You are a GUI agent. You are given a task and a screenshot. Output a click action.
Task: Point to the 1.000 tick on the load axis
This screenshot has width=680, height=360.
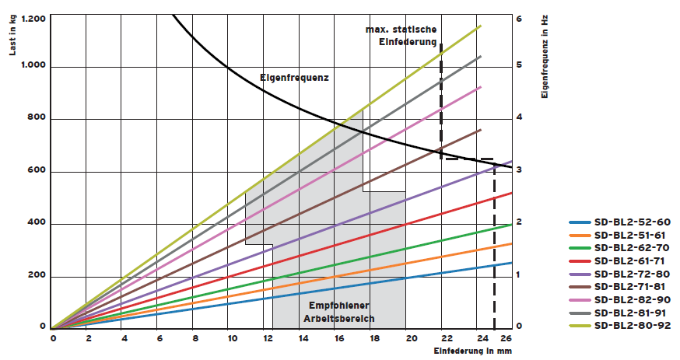(33, 67)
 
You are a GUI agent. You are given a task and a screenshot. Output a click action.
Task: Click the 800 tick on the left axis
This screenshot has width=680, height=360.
(37, 119)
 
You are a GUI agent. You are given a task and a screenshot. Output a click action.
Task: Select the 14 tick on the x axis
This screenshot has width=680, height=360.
(302, 338)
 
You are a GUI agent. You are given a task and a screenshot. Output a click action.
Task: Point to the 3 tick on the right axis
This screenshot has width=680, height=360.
(520, 170)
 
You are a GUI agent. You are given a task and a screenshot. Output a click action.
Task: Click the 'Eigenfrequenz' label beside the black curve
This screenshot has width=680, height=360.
(293, 78)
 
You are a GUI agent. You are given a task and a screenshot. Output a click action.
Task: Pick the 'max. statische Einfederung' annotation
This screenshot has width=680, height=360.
(401, 35)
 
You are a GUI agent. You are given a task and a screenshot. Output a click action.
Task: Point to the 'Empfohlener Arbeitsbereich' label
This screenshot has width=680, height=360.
(338, 312)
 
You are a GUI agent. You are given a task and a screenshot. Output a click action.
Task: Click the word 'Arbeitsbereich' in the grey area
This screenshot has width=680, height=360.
(338, 319)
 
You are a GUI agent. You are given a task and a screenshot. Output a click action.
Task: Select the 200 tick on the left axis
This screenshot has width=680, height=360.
(37, 277)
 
